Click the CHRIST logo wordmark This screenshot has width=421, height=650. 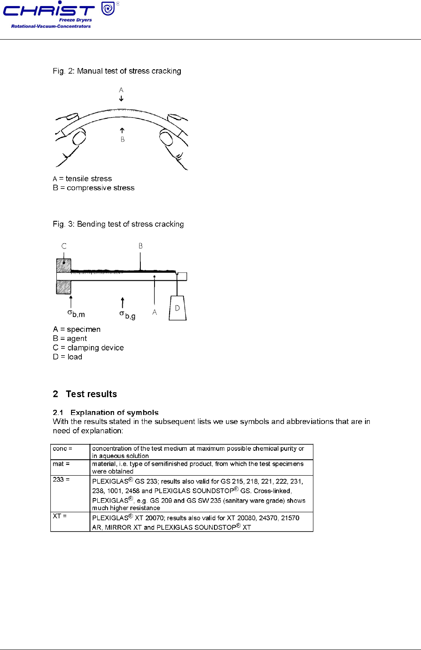tap(48, 10)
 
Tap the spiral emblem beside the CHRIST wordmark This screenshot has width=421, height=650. tap(108, 8)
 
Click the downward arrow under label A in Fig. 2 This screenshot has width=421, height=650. tap(121, 99)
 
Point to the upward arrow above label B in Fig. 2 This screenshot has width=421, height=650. tap(122, 130)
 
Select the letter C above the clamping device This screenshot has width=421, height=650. tap(64, 246)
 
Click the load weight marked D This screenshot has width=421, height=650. tap(177, 308)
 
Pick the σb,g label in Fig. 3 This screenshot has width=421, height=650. tap(127, 315)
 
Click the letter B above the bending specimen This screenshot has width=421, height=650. tap(140, 246)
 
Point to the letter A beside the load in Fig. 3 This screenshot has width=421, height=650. tap(155, 312)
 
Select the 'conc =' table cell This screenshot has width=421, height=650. tap(70, 452)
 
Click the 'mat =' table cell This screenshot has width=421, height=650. tap(70, 467)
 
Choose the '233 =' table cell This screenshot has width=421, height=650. tap(70, 493)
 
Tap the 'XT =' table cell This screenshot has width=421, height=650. tap(70, 521)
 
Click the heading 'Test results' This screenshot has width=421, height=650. tap(91, 394)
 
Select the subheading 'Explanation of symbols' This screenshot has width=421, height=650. tap(115, 412)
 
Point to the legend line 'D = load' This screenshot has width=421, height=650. tap(68, 357)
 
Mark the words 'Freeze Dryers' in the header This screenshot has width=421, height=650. tap(75, 20)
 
